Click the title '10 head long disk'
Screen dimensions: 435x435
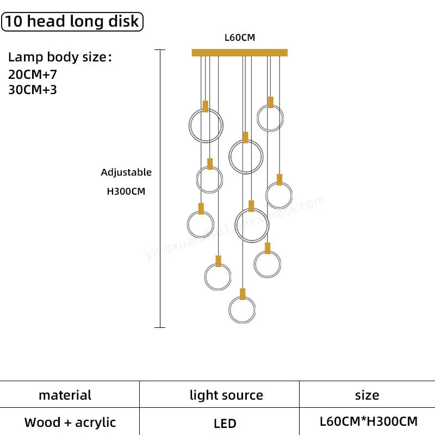[72, 22]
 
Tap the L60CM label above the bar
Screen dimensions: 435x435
[240, 38]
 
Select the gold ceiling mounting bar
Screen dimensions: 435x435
[240, 53]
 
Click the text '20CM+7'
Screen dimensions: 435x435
[33, 74]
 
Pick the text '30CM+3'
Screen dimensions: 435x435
[33, 89]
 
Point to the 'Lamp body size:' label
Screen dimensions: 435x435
[60, 58]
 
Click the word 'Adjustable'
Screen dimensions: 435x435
[126, 172]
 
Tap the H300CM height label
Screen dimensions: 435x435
[126, 191]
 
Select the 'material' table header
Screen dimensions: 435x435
[65, 395]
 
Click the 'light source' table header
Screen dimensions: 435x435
[226, 395]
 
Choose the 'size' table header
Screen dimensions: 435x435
[367, 395]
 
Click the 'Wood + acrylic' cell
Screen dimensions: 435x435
[70, 422]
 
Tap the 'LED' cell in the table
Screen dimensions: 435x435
[225, 423]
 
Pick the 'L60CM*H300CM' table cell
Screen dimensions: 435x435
[369, 421]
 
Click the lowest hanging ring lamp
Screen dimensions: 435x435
[242, 310]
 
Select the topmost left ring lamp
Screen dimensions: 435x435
[206, 125]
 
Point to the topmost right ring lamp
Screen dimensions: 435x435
[270, 118]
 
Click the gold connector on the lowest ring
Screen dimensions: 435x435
[243, 294]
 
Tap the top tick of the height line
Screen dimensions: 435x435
[159, 50]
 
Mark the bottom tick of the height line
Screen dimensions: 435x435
[159, 327]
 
